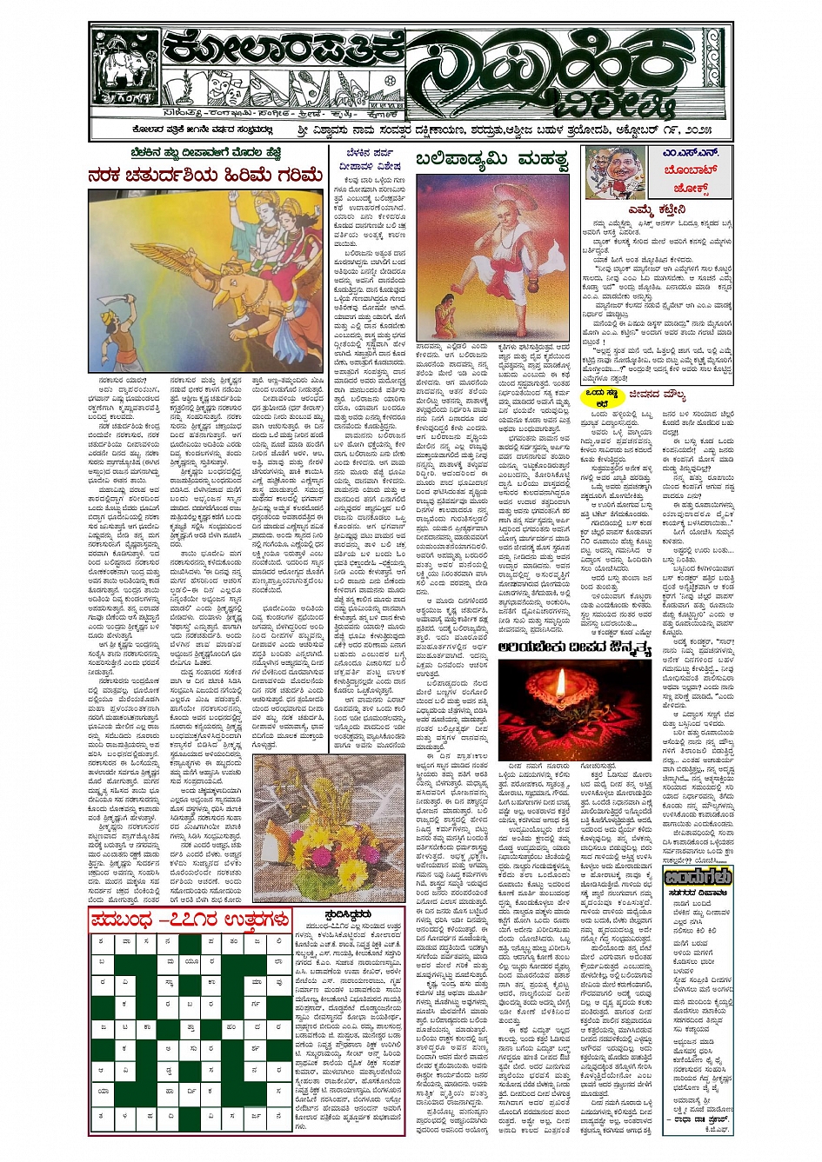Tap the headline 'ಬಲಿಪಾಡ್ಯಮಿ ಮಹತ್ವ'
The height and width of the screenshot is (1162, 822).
pos(492,160)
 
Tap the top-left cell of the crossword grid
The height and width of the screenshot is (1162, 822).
pos(101,941)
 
